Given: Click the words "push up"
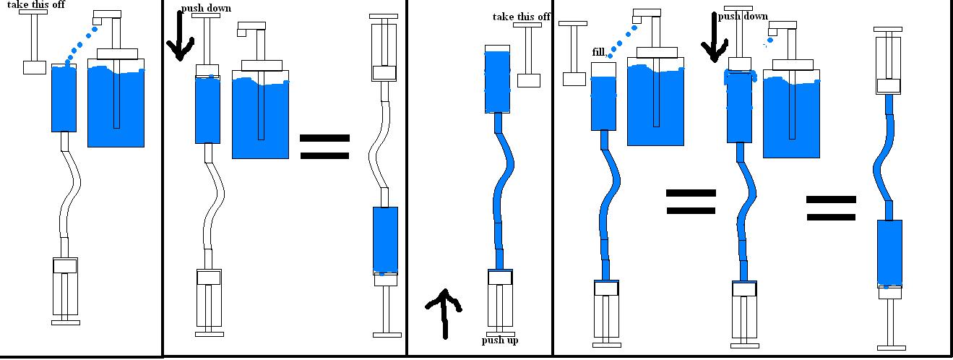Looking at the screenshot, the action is coord(500,340).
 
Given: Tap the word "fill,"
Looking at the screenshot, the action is coord(599,52).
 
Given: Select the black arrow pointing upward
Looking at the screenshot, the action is coord(444,314).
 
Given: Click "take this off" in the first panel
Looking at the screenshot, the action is coord(36,4).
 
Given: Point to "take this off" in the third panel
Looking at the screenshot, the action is coord(521,17).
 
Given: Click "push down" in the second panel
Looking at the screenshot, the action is coord(207,8).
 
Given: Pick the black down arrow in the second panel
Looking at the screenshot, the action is coord(181,35).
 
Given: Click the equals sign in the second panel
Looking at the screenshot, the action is coord(324,147).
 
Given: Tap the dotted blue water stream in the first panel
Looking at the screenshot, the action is coord(80,46).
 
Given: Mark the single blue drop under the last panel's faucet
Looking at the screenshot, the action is coord(770,41).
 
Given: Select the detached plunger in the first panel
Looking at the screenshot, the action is coord(34,42).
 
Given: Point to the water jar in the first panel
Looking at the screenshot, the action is coord(116,103).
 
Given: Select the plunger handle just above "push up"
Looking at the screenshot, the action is coord(500,335).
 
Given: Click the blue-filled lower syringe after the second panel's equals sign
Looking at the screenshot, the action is coord(385,240).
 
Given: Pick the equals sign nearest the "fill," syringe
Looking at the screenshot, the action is coord(691,202).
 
